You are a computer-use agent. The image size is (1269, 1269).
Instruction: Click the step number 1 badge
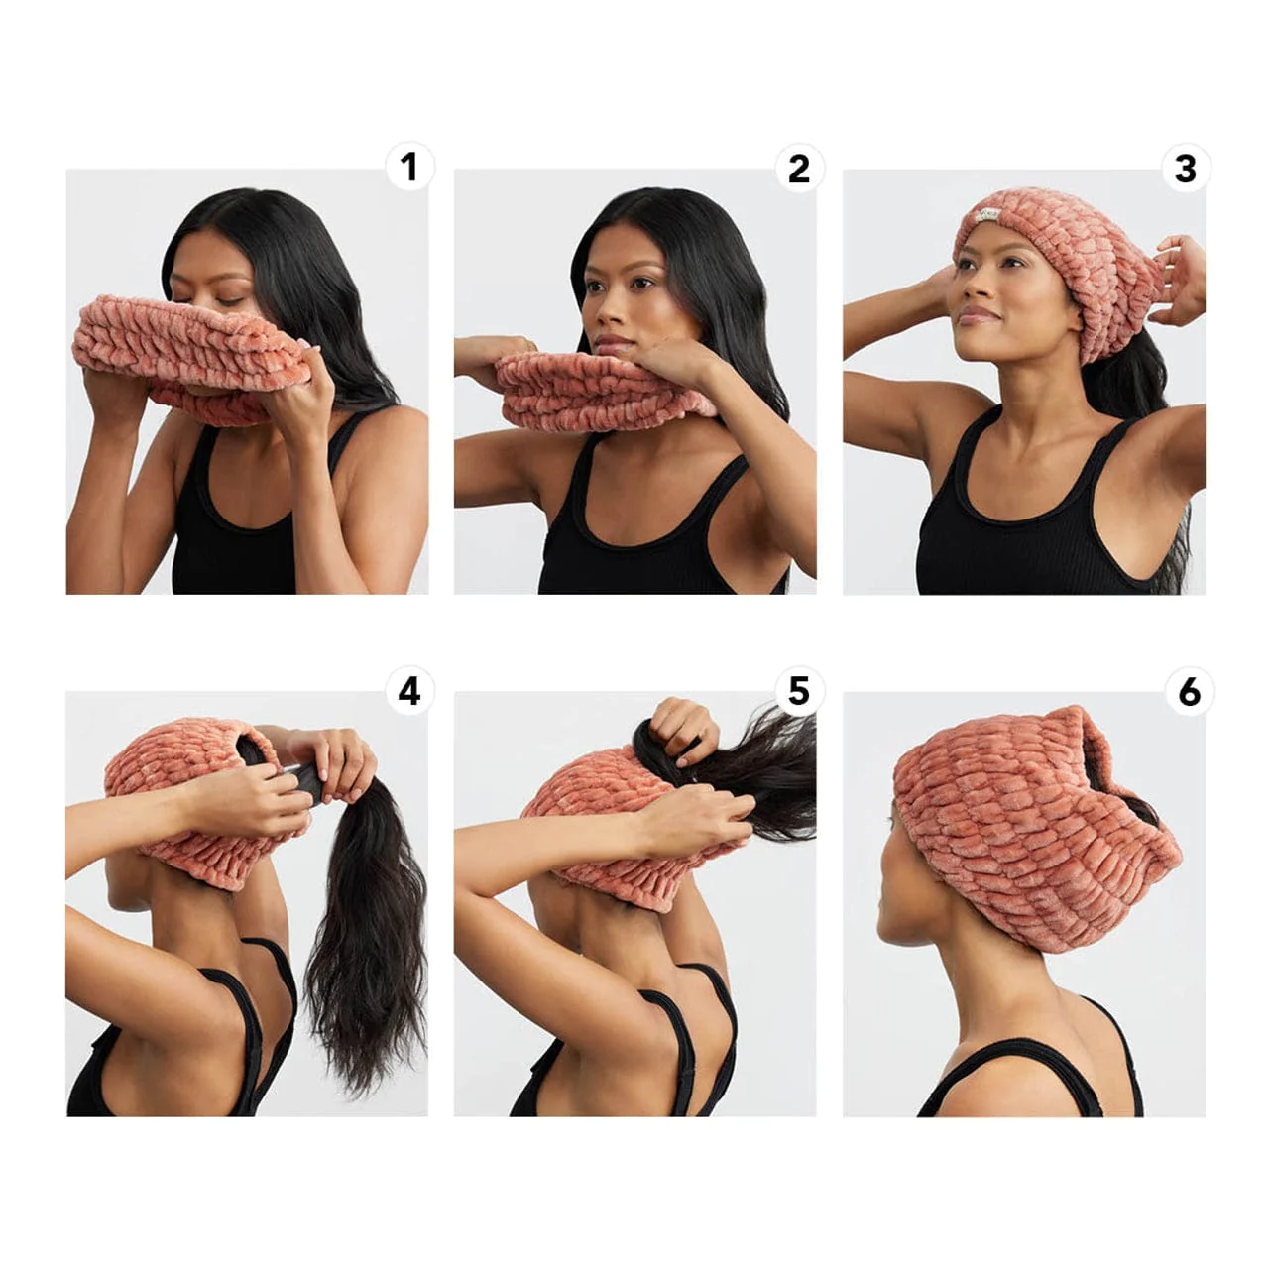(x=409, y=168)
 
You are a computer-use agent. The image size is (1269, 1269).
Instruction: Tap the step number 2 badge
(x=798, y=169)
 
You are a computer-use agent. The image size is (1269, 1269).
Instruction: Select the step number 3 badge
(x=1186, y=169)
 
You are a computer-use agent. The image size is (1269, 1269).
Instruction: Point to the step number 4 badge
(x=409, y=690)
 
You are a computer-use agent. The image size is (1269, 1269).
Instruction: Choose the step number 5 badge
(x=798, y=690)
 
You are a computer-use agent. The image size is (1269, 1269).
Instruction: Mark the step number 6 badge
(x=1189, y=691)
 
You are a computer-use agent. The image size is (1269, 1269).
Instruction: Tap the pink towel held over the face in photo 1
(x=188, y=342)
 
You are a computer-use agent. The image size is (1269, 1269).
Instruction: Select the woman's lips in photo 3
(x=979, y=314)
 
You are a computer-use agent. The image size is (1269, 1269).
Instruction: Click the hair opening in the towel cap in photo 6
(x=1130, y=783)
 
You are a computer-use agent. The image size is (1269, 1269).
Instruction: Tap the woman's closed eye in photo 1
(x=230, y=299)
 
